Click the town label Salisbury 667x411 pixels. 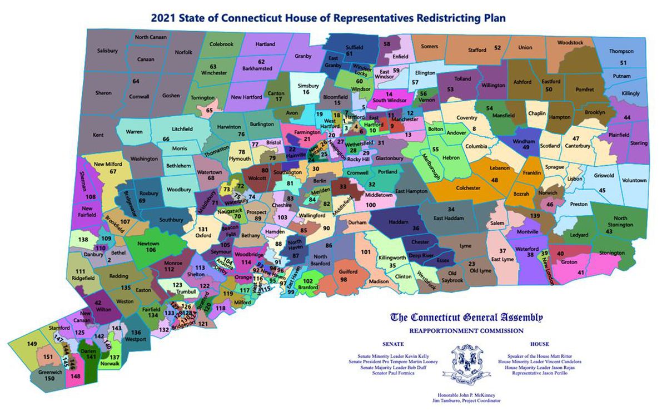click(107, 51)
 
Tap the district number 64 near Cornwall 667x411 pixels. click(135, 81)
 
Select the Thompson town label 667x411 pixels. click(621, 51)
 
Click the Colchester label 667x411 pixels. click(467, 189)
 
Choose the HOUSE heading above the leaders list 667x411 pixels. click(539, 344)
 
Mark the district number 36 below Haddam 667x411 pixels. click(415, 227)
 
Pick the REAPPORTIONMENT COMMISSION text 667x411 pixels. click(466, 330)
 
